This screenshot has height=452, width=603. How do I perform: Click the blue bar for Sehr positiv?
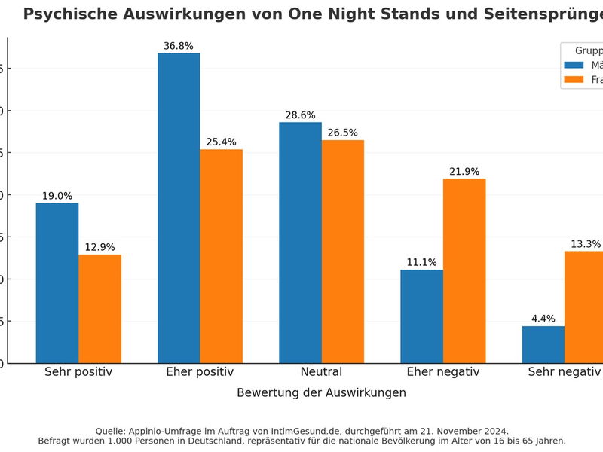[57, 283]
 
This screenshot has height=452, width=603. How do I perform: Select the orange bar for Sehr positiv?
[99, 309]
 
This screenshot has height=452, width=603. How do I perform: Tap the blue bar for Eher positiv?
[179, 208]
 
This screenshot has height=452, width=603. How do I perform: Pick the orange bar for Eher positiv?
[221, 256]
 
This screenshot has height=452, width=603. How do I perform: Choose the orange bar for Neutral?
[342, 252]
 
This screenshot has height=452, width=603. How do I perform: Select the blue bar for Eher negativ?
[421, 316]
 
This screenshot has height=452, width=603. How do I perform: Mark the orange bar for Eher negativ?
[464, 271]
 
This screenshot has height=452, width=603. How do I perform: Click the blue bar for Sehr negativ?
[543, 344]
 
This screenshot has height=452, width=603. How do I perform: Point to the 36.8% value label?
[179, 46]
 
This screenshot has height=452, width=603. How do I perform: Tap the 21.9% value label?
[464, 172]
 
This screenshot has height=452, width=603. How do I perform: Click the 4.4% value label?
[543, 319]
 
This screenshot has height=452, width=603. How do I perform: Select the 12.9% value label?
[99, 248]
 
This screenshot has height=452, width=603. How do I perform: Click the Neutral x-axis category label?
[321, 372]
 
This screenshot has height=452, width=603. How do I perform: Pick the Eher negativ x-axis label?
[442, 372]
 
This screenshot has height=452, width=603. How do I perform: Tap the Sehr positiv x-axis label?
[78, 372]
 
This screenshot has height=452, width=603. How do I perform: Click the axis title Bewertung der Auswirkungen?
[321, 393]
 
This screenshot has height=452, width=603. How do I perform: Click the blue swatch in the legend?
[574, 65]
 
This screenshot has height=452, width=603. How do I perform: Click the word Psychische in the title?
[70, 14]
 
